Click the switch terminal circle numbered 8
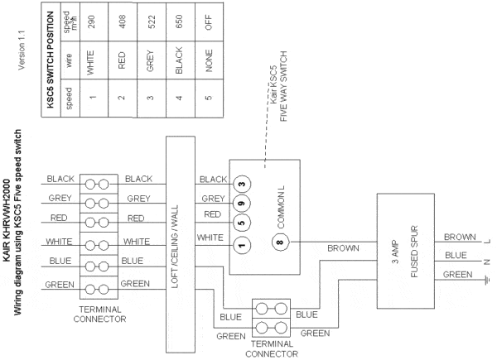pyautogui.click(x=280, y=242)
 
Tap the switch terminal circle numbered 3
pyautogui.click(x=242, y=184)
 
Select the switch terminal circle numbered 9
pyautogui.click(x=242, y=204)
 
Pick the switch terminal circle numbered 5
pyautogui.click(x=242, y=223)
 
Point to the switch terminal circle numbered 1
pyautogui.click(x=242, y=245)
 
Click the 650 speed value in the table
pyautogui.click(x=179, y=22)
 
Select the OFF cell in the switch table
pyautogui.click(x=209, y=22)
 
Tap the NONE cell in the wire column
pyautogui.click(x=209, y=60)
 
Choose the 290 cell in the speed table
pyautogui.click(x=92, y=22)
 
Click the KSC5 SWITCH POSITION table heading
pyautogui.click(x=51, y=60)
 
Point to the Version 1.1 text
pyautogui.click(x=22, y=50)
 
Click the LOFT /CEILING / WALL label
pyautogui.click(x=175, y=247)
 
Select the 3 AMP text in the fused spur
pyautogui.click(x=395, y=252)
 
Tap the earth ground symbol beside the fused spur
pyautogui.click(x=488, y=280)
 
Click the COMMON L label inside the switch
pyautogui.click(x=281, y=207)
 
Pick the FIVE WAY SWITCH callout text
pyautogui.click(x=283, y=86)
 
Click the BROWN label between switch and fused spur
pyautogui.click(x=343, y=248)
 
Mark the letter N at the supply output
pyautogui.click(x=488, y=262)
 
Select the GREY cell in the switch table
pyautogui.click(x=150, y=60)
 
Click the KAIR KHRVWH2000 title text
pyautogui.click(x=7, y=220)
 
